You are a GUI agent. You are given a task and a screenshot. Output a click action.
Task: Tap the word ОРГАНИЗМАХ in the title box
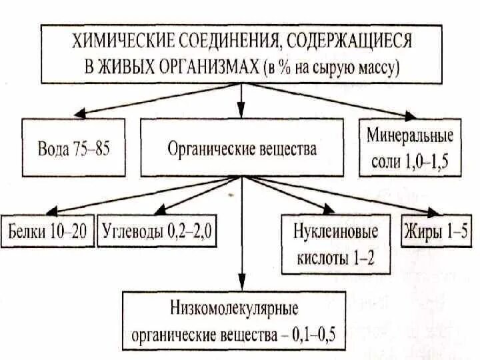(203, 67)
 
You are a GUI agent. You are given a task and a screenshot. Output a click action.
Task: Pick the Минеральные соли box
(409, 148)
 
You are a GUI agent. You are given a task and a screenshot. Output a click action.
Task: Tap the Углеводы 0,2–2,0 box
(159, 233)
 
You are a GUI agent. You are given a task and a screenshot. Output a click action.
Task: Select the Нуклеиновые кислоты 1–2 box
(335, 243)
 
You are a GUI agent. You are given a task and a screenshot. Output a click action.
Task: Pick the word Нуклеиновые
(335, 232)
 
